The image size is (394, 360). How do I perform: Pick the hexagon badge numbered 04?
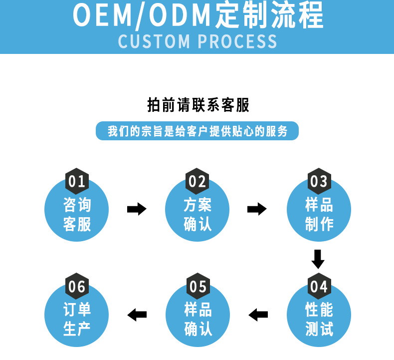pos(318,287)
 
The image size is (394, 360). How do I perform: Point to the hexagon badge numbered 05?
pos(198,287)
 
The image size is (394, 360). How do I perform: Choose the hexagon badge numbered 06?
pos(77,287)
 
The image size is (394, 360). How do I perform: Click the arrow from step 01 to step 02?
pos(136,209)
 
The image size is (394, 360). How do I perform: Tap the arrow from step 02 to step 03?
pos(257,209)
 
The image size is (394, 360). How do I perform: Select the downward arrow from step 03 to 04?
pos(318,259)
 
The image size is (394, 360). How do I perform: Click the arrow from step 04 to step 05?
pos(258,315)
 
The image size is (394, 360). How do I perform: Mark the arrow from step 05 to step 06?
pos(137,315)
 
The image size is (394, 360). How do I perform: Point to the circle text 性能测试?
pos(319,320)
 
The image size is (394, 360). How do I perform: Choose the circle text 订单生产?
pos(77,320)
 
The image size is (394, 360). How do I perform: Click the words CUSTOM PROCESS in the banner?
pos(197,41)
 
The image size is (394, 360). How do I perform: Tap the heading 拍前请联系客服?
pos(198,105)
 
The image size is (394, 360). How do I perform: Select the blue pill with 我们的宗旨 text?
pos(197,131)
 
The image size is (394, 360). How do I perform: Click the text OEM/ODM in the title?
pos(143,16)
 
